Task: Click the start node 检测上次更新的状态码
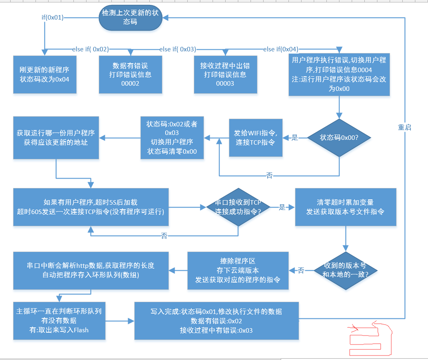(130, 18)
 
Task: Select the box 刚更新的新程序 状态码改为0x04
(44, 74)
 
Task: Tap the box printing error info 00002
(131, 74)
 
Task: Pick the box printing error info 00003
(225, 74)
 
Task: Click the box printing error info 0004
(339, 74)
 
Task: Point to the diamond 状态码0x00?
(339, 138)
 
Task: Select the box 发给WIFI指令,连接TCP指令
(255, 138)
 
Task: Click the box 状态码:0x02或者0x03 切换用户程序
(172, 138)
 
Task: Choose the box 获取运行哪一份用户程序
(56, 138)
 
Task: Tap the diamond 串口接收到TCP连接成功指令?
(238, 207)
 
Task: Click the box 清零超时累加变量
(345, 207)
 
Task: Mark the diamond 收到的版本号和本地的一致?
(345, 270)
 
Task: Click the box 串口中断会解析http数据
(91, 270)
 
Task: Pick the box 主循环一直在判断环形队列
(59, 320)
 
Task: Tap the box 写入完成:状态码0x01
(216, 320)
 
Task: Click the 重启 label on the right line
(404, 128)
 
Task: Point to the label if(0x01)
(53, 18)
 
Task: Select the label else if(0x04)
(281, 49)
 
